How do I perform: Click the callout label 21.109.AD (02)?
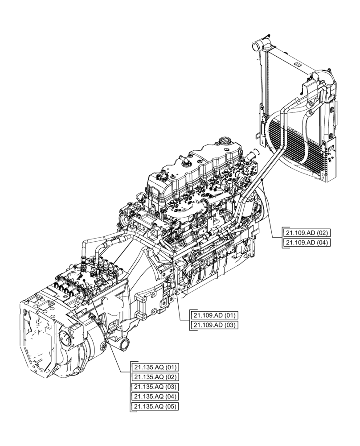(x=307, y=233)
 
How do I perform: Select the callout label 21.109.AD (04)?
(x=307, y=243)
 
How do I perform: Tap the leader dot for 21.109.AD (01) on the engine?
(x=172, y=258)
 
